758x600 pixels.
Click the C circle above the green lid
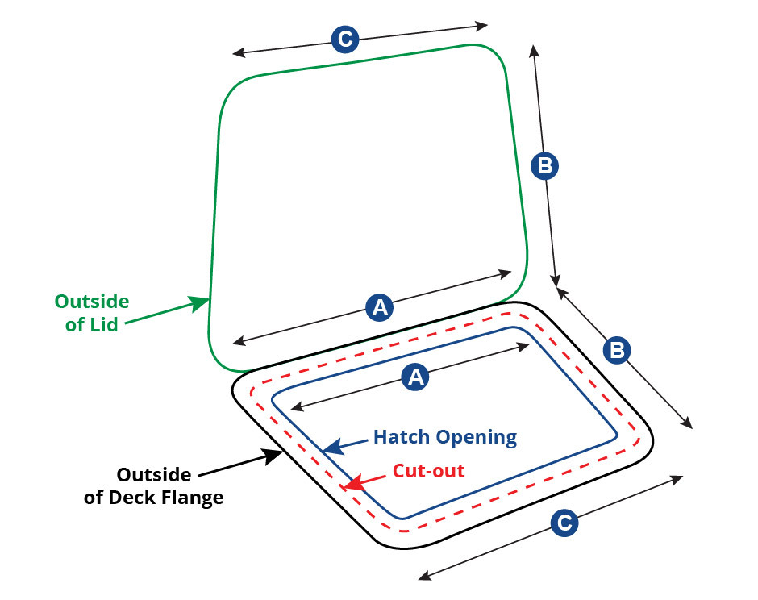pyautogui.click(x=345, y=39)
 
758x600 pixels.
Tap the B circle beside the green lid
pyautogui.click(x=545, y=166)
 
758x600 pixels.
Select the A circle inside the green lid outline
pyautogui.click(x=380, y=307)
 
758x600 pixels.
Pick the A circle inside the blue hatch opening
pyautogui.click(x=416, y=376)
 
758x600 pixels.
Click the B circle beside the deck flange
pyautogui.click(x=618, y=349)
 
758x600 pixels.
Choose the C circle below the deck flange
pyautogui.click(x=564, y=522)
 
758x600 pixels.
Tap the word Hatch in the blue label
pyautogui.click(x=402, y=436)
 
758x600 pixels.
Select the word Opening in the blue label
pyautogui.click(x=476, y=438)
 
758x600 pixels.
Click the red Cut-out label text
pyautogui.click(x=429, y=470)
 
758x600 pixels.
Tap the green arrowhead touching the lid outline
pyautogui.click(x=198, y=303)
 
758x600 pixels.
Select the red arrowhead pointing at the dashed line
pyautogui.click(x=354, y=482)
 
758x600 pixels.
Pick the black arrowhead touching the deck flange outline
pyautogui.click(x=273, y=456)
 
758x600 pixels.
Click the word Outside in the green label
pyautogui.click(x=92, y=301)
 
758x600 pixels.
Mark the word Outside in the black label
pyautogui.click(x=154, y=474)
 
